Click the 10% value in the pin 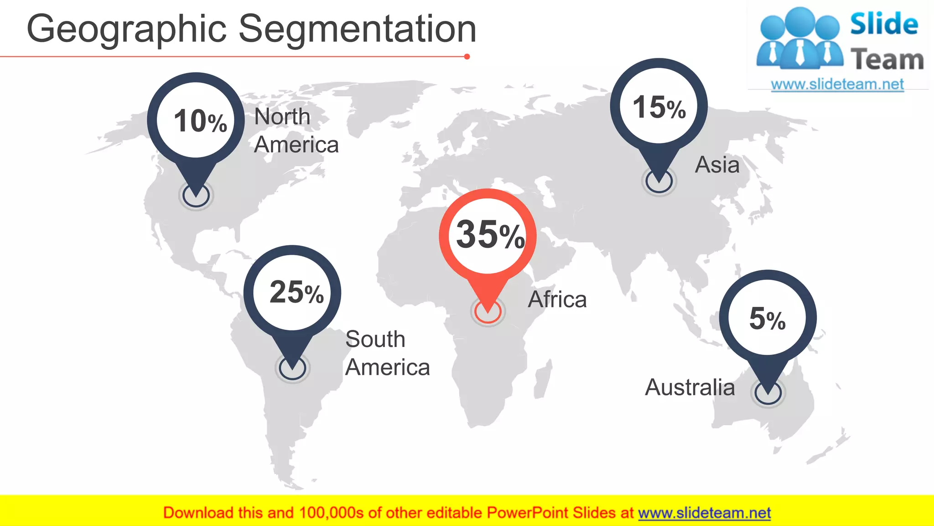tap(200, 121)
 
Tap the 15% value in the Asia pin tap(659, 108)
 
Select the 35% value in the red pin tap(490, 235)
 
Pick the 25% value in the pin tap(296, 292)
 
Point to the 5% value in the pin tap(768, 319)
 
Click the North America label tap(296, 131)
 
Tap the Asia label tap(717, 165)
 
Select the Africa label tap(557, 300)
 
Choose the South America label tap(387, 353)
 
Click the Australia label tap(690, 388)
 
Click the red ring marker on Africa tap(488, 312)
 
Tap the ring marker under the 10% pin tap(196, 196)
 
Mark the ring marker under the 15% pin tap(659, 181)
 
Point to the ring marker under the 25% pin tap(292, 368)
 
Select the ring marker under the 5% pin tap(768, 393)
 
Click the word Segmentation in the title tap(358, 29)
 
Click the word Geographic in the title tap(127, 29)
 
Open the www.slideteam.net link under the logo tap(837, 84)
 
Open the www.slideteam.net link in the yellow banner tap(704, 513)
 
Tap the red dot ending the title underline tap(467, 57)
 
